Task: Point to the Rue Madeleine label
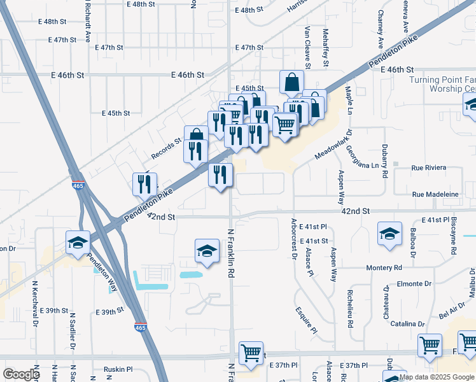(x=435, y=194)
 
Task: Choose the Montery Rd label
(x=384, y=268)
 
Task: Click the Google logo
(x=21, y=374)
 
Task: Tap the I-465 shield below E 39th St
(x=139, y=327)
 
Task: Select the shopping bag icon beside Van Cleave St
(x=291, y=83)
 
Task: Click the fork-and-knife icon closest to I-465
(x=144, y=185)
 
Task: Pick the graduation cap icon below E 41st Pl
(x=389, y=234)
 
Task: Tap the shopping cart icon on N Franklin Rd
(x=251, y=353)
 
